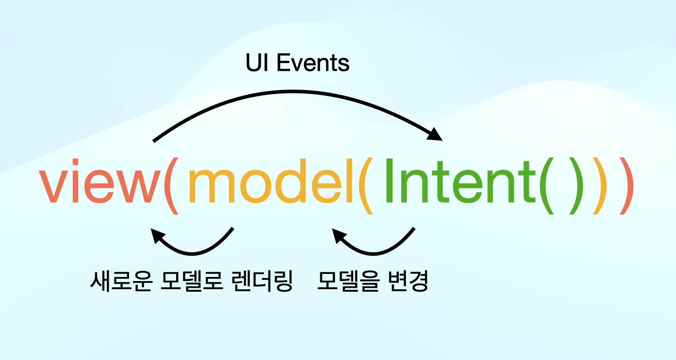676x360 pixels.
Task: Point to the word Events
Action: (x=313, y=63)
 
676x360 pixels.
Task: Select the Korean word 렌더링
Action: (x=262, y=281)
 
